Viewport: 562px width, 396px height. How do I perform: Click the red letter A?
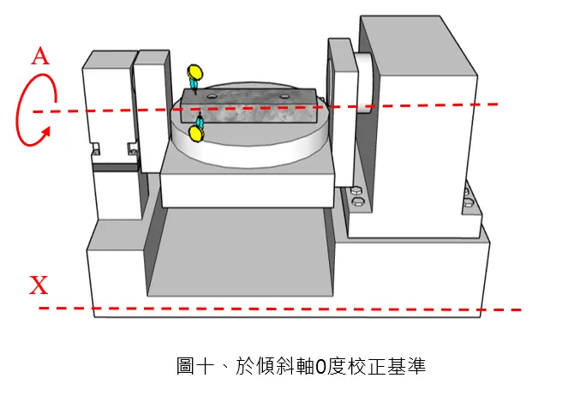39,57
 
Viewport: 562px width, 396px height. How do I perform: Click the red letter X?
39,285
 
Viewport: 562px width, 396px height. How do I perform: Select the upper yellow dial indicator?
196,72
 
